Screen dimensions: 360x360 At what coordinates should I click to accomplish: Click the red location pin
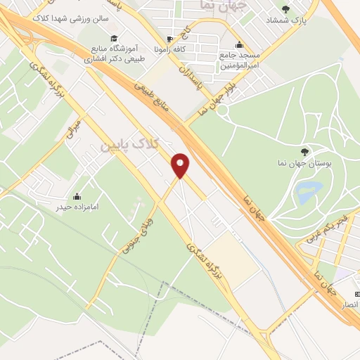point(181,165)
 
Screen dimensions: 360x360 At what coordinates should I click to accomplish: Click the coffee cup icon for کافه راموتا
point(169,39)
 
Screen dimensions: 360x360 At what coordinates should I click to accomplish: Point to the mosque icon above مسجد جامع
point(240,44)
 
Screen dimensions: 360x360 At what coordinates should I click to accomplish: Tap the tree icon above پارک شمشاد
point(285,9)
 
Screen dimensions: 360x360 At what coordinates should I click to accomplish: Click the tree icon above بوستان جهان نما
point(304,152)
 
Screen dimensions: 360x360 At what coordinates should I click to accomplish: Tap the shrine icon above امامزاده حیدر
point(77,196)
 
